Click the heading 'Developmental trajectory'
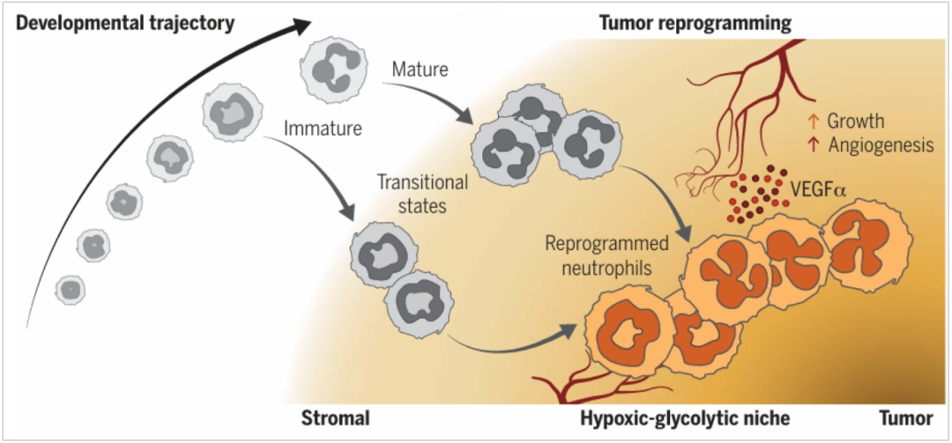pyautogui.click(x=124, y=25)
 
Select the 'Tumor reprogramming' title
pyautogui.click(x=695, y=25)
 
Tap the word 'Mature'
pyautogui.click(x=420, y=70)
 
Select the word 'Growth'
pyautogui.click(x=855, y=121)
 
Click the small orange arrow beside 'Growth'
pyautogui.click(x=814, y=122)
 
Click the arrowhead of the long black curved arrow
pyautogui.click(x=301, y=26)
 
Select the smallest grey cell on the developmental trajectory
pyautogui.click(x=70, y=290)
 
